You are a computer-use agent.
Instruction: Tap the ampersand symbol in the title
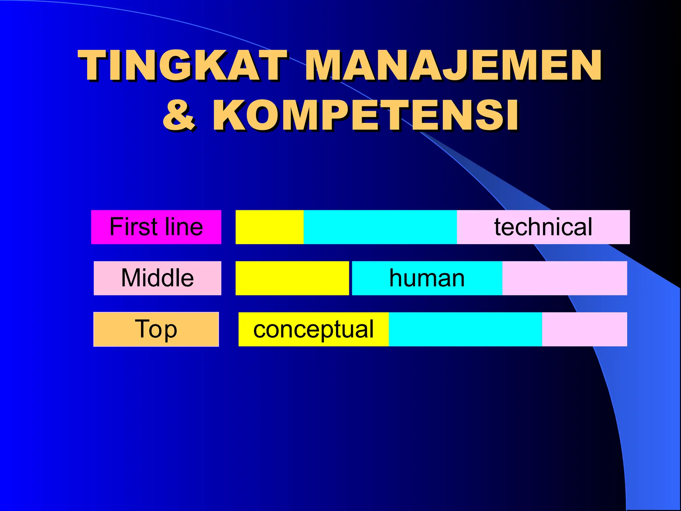click(179, 115)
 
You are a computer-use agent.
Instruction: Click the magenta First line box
click(156, 227)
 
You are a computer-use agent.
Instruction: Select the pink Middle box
click(157, 278)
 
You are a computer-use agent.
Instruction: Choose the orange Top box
click(156, 329)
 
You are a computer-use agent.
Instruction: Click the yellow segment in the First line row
click(269, 227)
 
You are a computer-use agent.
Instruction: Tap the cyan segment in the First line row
click(380, 227)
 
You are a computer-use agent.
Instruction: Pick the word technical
click(543, 227)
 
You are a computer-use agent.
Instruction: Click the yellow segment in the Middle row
click(292, 278)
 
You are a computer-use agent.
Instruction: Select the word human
click(427, 278)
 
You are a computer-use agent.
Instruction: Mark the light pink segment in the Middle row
click(565, 278)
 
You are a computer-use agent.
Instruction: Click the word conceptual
click(314, 329)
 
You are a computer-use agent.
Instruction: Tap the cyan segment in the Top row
click(465, 329)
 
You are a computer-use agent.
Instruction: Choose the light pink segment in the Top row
click(584, 329)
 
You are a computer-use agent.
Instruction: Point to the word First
click(133, 227)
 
